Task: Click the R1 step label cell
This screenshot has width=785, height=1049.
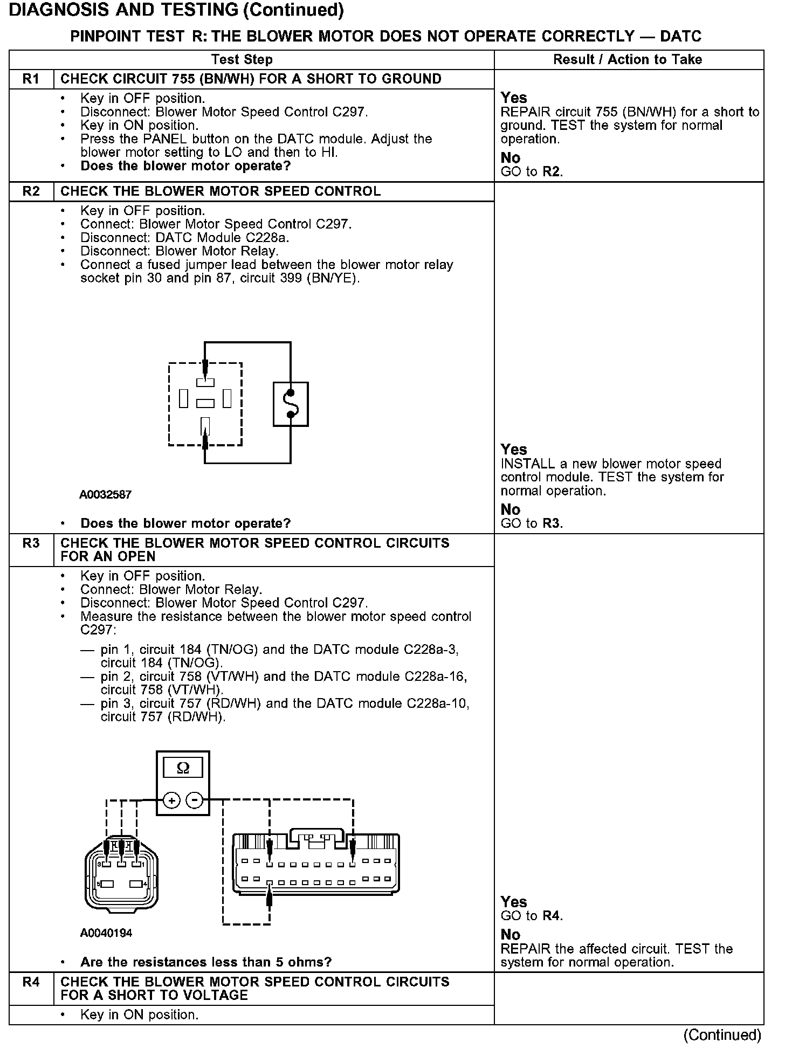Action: coord(31,79)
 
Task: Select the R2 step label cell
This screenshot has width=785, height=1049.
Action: coord(31,191)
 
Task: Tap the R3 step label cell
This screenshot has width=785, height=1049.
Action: coord(31,543)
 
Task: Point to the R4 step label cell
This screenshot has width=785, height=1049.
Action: coord(31,982)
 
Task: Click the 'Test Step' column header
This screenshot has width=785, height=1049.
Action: coord(242,59)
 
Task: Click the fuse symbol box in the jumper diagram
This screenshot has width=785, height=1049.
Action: coord(291,404)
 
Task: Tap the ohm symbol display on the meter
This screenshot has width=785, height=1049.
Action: coord(183,768)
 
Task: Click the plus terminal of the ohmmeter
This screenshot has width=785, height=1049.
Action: coord(171,800)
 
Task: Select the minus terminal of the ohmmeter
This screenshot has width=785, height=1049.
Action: coord(194,800)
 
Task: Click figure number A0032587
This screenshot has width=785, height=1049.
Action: coord(105,494)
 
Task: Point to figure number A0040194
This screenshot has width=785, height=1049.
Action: coord(106,933)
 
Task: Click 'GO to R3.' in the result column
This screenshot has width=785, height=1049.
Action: coord(532,523)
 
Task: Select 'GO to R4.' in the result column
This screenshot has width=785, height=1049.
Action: coord(532,916)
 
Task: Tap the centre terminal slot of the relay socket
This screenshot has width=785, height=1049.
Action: coord(205,403)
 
